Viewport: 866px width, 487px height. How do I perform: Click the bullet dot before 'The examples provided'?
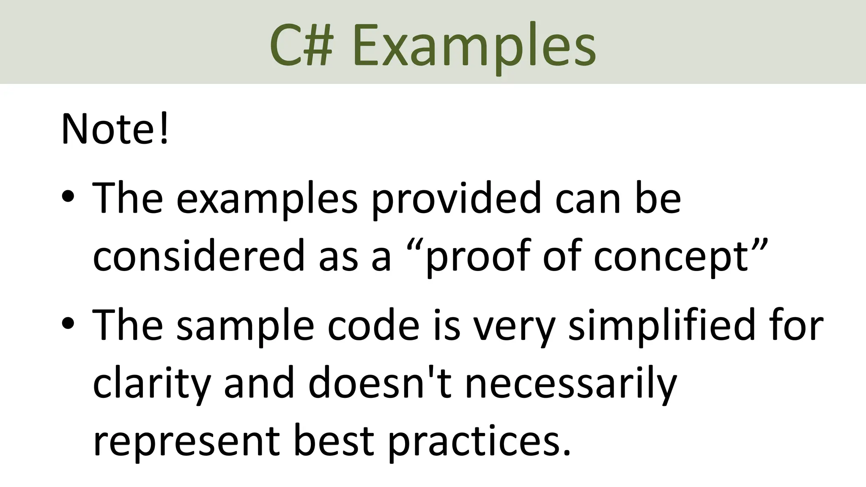pyautogui.click(x=68, y=197)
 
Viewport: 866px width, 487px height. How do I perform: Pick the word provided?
pyautogui.click(x=456, y=199)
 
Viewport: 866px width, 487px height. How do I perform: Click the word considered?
pyautogui.click(x=199, y=256)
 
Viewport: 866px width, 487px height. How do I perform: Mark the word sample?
pyautogui.click(x=245, y=326)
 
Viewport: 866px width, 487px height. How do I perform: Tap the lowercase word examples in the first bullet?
pyautogui.click(x=267, y=199)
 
